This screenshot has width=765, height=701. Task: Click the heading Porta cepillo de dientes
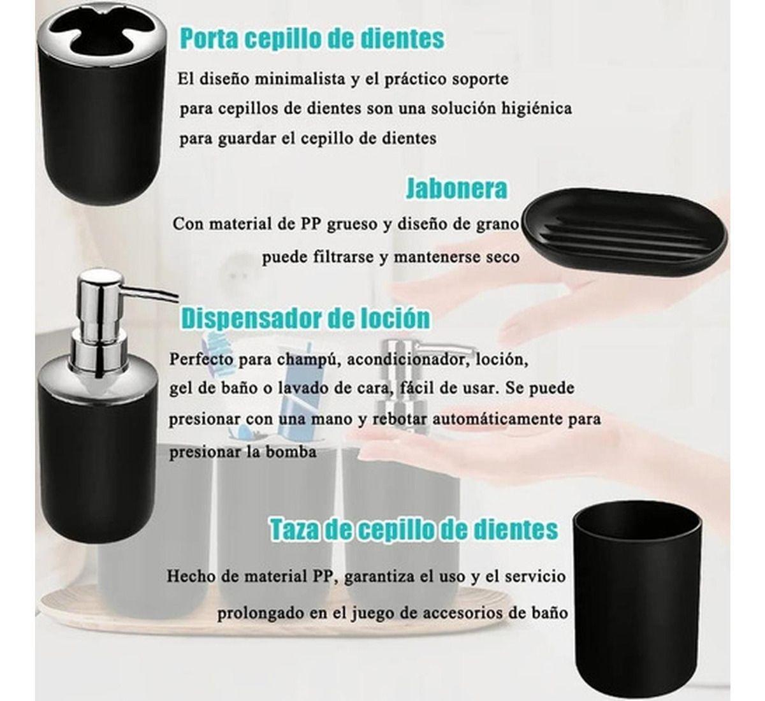click(x=312, y=38)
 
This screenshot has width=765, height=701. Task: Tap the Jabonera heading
click(x=456, y=189)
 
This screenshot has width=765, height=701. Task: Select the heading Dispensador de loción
click(x=305, y=317)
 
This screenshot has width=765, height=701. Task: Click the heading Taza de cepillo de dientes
click(x=414, y=529)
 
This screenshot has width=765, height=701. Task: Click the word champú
click(x=300, y=359)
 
